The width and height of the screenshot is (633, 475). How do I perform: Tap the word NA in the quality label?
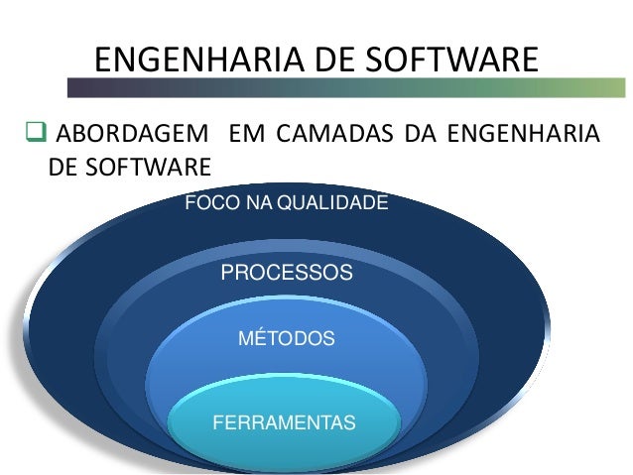(x=257, y=204)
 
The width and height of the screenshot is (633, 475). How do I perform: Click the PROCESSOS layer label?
(x=286, y=272)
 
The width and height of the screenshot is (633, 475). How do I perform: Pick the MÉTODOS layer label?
(x=287, y=339)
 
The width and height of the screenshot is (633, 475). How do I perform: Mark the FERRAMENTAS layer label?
(x=284, y=423)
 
